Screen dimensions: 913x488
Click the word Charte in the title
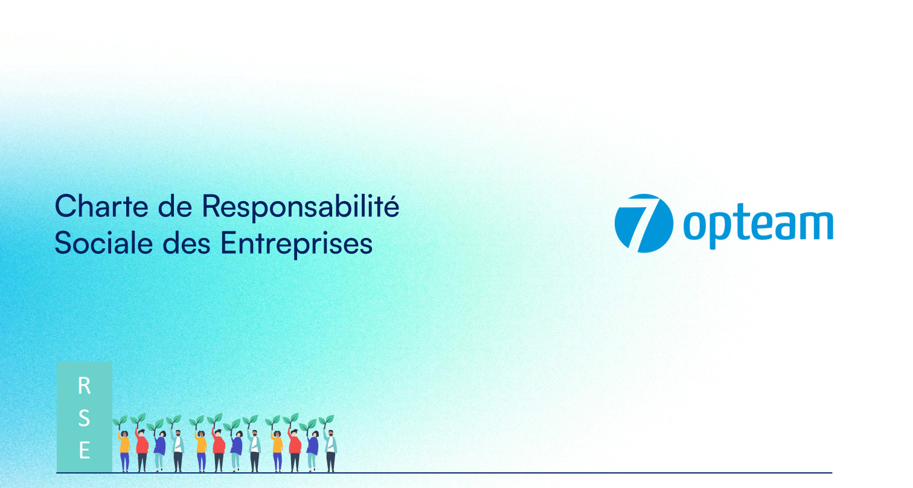pyautogui.click(x=102, y=207)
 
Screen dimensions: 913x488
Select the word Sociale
pyautogui.click(x=103, y=243)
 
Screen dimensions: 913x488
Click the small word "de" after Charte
pyautogui.click(x=175, y=207)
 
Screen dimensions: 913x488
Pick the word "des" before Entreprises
pyautogui.click(x=187, y=243)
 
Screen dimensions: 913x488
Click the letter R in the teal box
pyautogui.click(x=85, y=386)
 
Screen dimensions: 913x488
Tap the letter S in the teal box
pyautogui.click(x=85, y=419)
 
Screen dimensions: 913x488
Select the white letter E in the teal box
pyautogui.click(x=85, y=451)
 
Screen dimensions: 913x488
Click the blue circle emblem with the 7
pyautogui.click(x=644, y=223)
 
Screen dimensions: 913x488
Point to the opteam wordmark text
pyautogui.click(x=758, y=226)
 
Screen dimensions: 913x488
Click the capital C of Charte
pyautogui.click(x=67, y=207)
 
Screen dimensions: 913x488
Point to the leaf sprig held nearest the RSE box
pyautogui.click(x=120, y=422)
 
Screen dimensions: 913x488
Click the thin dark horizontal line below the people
pyautogui.click(x=444, y=473)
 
